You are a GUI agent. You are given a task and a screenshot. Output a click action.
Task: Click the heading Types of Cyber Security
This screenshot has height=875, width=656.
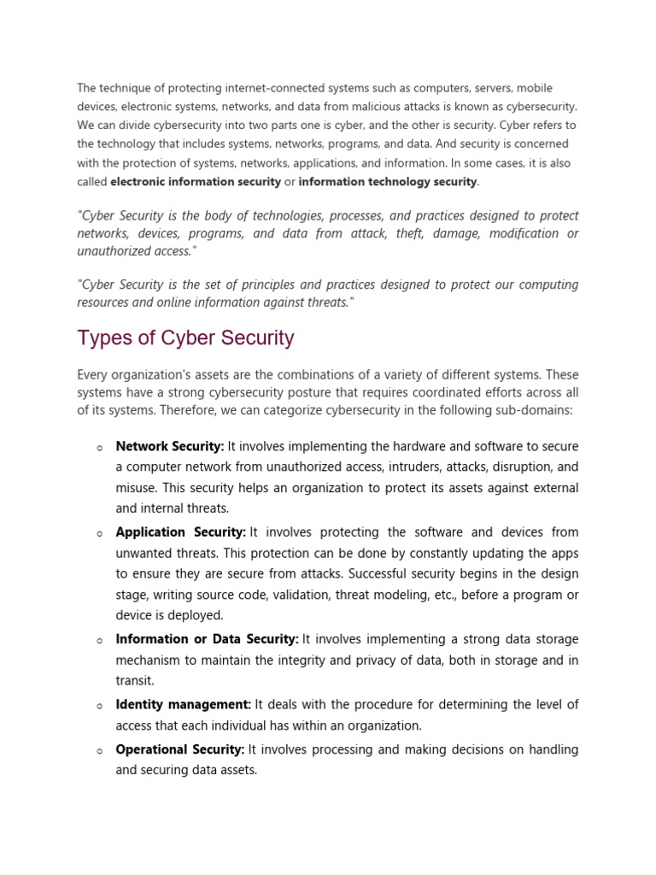pos(185,338)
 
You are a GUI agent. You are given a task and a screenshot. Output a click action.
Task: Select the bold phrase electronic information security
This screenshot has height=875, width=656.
pos(196,181)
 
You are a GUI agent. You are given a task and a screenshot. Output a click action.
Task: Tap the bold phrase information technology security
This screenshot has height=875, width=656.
pos(388,181)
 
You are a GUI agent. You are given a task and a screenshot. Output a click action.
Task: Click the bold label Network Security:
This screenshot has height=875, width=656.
pos(170,446)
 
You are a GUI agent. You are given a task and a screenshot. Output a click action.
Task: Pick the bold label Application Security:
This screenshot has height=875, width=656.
pos(181,531)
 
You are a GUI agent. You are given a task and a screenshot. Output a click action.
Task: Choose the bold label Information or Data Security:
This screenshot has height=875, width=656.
pos(207,638)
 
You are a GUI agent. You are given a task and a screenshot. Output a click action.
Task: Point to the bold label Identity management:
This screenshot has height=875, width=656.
pos(183,704)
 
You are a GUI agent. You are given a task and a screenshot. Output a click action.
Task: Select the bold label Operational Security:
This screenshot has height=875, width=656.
pos(180,749)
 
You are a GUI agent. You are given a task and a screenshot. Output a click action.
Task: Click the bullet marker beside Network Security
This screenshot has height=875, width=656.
pos(100,448)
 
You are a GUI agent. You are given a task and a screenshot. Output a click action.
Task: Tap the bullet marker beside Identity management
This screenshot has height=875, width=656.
pos(100,706)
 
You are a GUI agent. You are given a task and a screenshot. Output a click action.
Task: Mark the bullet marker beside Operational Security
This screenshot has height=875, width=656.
pos(100,750)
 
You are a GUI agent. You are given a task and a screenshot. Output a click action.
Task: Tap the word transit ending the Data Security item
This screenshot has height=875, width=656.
pos(134,681)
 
